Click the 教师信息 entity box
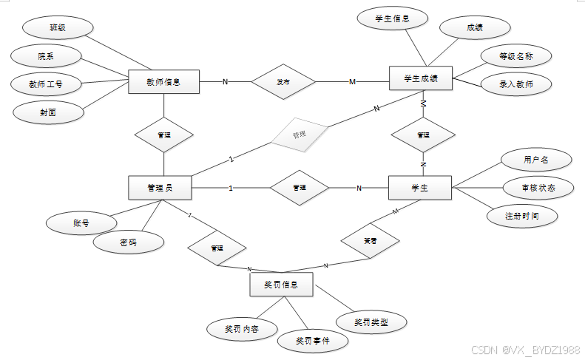pyautogui.click(x=163, y=81)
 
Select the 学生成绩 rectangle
pyautogui.click(x=420, y=78)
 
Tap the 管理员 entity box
pyautogui.click(x=160, y=188)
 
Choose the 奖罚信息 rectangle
pyautogui.click(x=281, y=284)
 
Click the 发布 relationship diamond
pyautogui.click(x=283, y=81)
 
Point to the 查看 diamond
pyautogui.click(x=370, y=241)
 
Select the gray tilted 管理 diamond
pyautogui.click(x=298, y=135)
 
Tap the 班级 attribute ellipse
pyautogui.click(x=58, y=27)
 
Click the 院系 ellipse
pyautogui.click(x=46, y=55)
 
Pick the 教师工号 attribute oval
pyautogui.click(x=46, y=84)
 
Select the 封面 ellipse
pyautogui.click(x=49, y=112)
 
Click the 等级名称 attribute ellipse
pyautogui.click(x=515, y=55)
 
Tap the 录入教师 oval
pyautogui.click(x=515, y=84)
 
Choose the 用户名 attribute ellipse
pyautogui.click(x=535, y=159)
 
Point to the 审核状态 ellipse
pyautogui.click(x=538, y=188)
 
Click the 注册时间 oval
pyautogui.click(x=522, y=216)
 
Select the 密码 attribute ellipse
pyautogui.click(x=129, y=242)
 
